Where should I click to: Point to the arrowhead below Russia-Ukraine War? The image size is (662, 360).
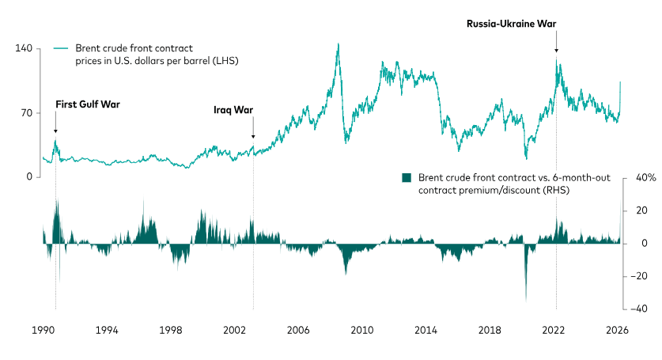coord(556,51)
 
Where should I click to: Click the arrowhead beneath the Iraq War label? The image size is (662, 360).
coord(253,135)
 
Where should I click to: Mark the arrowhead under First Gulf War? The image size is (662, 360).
coord(55,131)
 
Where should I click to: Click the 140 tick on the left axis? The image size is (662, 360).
coord(23,49)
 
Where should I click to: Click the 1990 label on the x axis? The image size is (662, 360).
coord(43,329)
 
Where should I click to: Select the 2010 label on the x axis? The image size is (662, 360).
coord(362,329)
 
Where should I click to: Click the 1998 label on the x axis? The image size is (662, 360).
coord(171,329)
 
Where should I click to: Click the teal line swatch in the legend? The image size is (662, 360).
coord(61,49)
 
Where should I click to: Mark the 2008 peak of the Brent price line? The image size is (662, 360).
coord(339,44)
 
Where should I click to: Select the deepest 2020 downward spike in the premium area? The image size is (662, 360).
coord(526,301)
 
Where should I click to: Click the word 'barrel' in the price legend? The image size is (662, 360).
coord(208,61)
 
